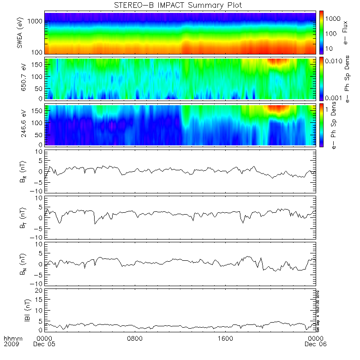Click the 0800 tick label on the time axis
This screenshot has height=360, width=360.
click(134, 338)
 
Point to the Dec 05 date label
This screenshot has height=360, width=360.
click(46, 345)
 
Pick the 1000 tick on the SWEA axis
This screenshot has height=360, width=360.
click(37, 21)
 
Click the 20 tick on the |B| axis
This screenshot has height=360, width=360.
click(39, 290)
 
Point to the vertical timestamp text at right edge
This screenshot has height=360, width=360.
click(318, 309)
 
